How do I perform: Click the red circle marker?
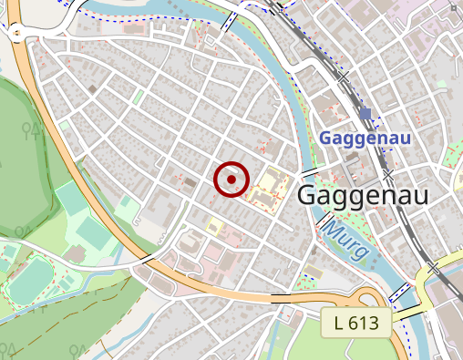point(231,180)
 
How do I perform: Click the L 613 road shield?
point(355,322)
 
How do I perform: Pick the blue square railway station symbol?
point(366,113)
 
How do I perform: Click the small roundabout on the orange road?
point(17,35)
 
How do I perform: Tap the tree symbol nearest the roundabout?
point(36,130)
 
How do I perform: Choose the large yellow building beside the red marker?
point(268,186)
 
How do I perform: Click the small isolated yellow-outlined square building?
point(215,225)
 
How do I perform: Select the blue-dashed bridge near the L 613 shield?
point(399,293)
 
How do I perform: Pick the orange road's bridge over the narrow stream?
point(144,259)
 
